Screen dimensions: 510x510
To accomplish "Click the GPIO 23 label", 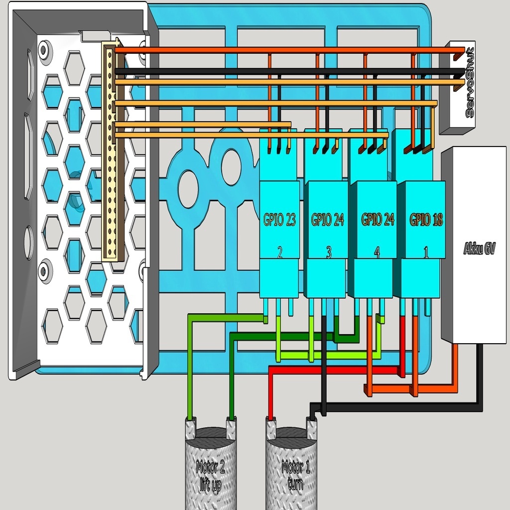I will click(x=279, y=220).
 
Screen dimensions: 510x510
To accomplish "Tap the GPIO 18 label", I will click(x=426, y=220).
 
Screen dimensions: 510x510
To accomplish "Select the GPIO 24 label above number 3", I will click(x=328, y=220).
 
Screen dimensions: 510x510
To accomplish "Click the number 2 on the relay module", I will click(x=280, y=253).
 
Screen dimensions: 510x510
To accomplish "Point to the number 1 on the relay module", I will click(x=426, y=253).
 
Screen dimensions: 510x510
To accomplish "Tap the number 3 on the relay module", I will click(x=329, y=253).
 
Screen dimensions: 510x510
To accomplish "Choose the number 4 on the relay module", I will click(x=377, y=253).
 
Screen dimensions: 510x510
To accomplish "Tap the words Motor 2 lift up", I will click(x=210, y=476).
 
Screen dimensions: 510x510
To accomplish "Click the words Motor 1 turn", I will click(x=295, y=476).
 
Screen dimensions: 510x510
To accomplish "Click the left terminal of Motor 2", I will click(x=190, y=428).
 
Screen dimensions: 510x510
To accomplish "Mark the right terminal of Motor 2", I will click(x=231, y=428).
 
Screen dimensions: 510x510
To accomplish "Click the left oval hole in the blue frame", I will click(x=188, y=189).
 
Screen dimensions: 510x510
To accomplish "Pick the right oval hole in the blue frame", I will click(x=231, y=168).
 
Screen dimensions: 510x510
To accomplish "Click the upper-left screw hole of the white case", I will click(x=44, y=50).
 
